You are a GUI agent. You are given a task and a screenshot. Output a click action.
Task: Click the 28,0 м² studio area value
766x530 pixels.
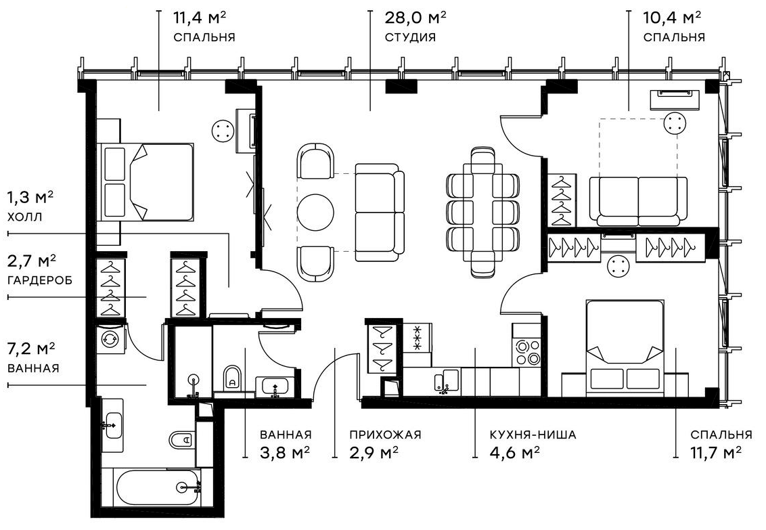pos(415,17)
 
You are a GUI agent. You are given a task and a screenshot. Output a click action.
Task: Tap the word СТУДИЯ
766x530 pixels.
pos(409,37)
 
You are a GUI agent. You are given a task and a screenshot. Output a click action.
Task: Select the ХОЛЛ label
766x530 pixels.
pos(25,217)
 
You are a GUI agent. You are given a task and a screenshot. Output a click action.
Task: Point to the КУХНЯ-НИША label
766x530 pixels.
pos(533,435)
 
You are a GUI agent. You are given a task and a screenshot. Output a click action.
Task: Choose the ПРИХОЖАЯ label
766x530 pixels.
pos(386,435)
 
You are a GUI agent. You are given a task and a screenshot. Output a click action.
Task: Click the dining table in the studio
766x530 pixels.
pos(482,212)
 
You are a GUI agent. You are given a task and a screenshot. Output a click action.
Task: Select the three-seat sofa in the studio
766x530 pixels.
pos(378,212)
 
